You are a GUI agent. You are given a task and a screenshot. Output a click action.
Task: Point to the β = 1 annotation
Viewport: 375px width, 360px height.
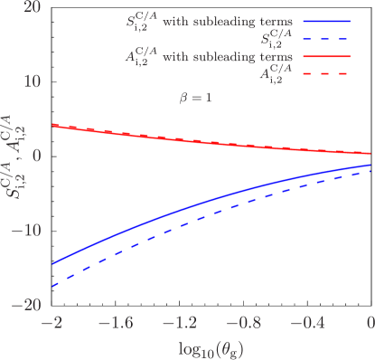click(x=195, y=97)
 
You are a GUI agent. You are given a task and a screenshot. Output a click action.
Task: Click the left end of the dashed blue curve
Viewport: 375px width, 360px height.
click(x=53, y=286)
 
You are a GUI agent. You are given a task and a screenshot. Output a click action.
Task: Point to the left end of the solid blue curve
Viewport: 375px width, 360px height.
click(x=53, y=264)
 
